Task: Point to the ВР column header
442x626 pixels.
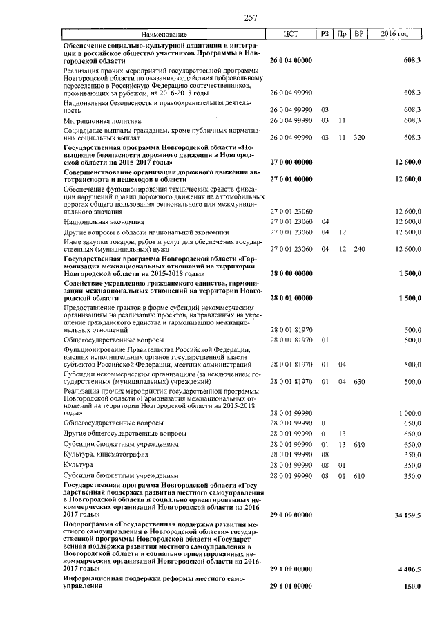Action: (x=358, y=34)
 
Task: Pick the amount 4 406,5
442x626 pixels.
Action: (x=407, y=568)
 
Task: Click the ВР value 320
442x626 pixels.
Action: (x=358, y=136)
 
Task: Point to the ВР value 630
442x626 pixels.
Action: (x=358, y=380)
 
